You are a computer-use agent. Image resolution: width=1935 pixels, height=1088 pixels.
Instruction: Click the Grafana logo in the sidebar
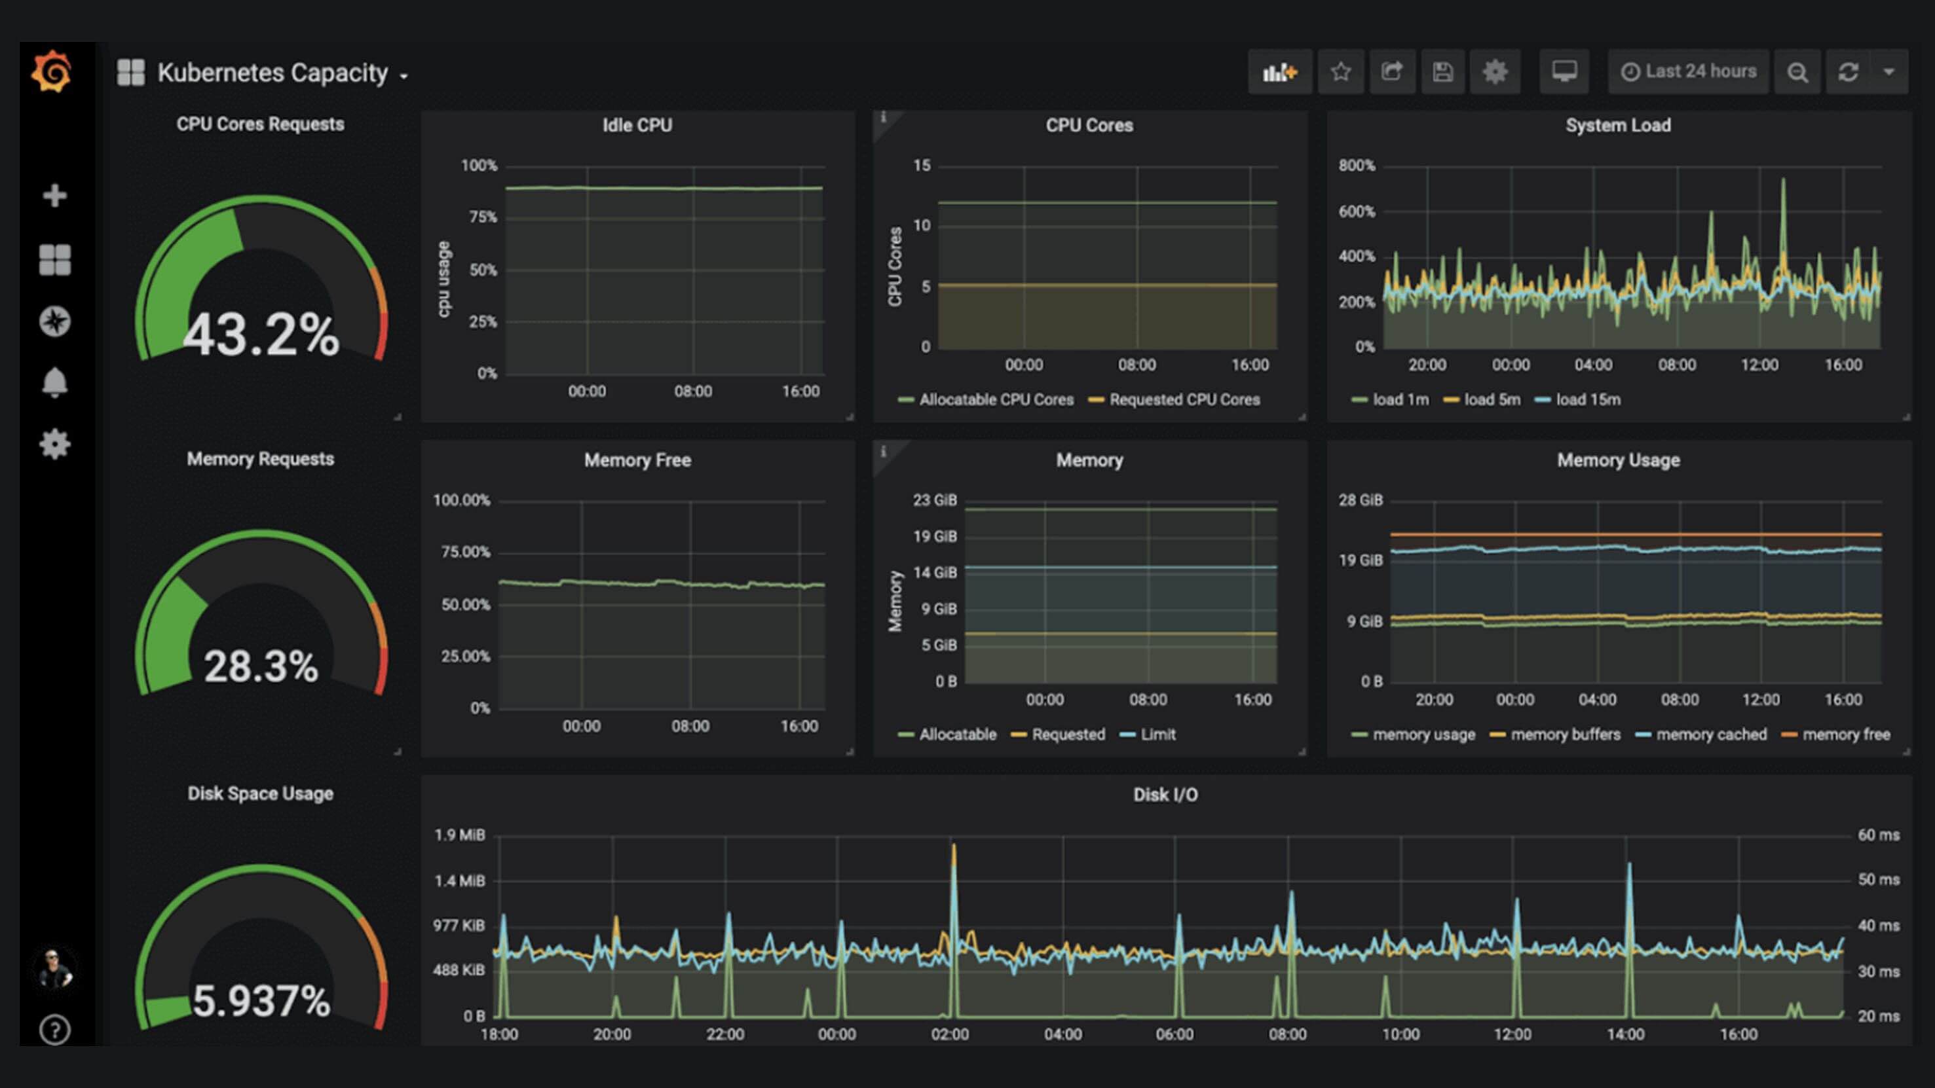52,72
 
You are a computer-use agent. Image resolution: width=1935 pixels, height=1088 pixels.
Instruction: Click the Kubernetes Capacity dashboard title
272,73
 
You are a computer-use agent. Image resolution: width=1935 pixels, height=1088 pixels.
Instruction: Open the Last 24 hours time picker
1689,71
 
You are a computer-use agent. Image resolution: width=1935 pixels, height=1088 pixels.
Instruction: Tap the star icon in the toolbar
1341,72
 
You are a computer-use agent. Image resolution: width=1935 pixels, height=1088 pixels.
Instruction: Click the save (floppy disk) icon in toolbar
1442,72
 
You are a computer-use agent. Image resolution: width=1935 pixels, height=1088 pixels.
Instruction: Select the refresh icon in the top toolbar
1849,72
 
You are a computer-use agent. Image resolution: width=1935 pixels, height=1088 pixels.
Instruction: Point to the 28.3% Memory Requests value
261,666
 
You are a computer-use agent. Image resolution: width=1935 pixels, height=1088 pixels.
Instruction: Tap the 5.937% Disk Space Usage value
261,1001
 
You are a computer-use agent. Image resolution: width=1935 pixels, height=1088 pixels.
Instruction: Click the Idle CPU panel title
637,126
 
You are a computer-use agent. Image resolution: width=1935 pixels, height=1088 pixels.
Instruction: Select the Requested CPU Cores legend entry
1183,399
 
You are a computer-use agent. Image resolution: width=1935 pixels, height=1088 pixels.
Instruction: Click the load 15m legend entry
1587,399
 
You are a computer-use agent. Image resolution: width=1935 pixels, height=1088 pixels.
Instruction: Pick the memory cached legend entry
1710,734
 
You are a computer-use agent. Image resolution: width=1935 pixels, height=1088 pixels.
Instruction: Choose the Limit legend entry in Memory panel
1157,734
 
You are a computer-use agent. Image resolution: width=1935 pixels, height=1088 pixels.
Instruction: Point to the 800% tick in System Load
1357,165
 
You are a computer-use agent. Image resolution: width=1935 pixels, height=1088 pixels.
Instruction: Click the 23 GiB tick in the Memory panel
935,500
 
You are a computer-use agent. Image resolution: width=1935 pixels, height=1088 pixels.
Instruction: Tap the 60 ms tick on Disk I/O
1878,835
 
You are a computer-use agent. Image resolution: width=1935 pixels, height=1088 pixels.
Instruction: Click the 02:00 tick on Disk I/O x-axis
949,1034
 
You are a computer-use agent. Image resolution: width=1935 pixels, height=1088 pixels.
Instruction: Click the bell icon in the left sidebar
54,383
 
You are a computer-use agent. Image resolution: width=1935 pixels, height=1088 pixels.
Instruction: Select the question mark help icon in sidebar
54,1030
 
